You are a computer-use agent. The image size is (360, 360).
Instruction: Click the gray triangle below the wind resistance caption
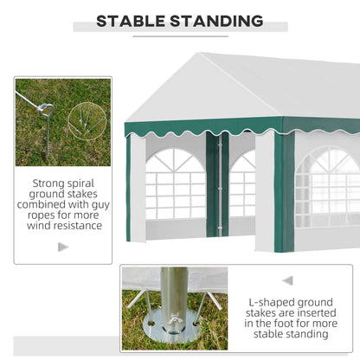click(62, 247)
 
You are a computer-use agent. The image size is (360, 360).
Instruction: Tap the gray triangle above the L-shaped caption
click(287, 280)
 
